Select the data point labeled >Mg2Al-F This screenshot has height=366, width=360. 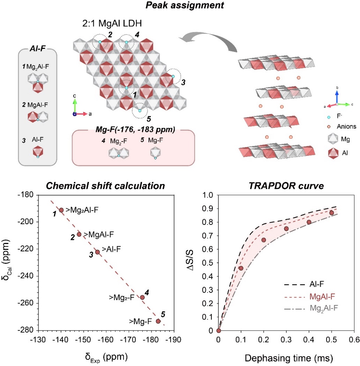[x=61, y=210]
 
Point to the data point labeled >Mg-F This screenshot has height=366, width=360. [x=158, y=321]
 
